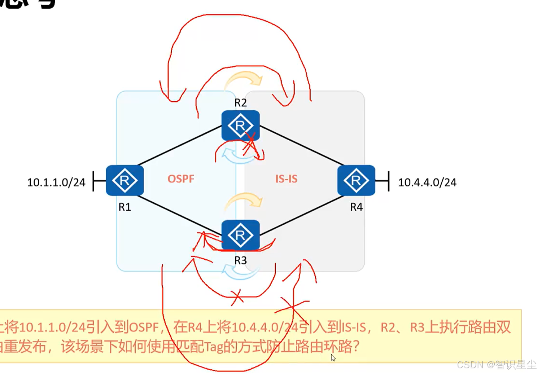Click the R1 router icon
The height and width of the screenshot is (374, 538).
pos(124,180)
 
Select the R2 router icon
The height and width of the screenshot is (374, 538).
pos(240,126)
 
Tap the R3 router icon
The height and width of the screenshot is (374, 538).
pos(240,235)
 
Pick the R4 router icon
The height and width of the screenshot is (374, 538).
pos(356,180)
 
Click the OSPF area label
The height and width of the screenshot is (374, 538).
pos(181,179)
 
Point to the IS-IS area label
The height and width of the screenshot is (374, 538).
pos(286,179)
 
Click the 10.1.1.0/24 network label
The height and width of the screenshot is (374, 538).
pos(56,182)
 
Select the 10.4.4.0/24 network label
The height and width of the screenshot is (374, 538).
pos(427,182)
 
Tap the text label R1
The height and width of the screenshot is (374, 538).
pos(125,207)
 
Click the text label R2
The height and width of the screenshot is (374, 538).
pos(240,103)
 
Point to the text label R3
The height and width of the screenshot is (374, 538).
pos(240,260)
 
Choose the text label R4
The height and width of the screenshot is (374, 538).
pos(356,207)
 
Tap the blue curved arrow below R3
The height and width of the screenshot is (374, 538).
pos(240,273)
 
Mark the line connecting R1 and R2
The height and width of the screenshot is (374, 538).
pos(180,146)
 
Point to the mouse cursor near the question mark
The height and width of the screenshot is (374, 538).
pos(333,357)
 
